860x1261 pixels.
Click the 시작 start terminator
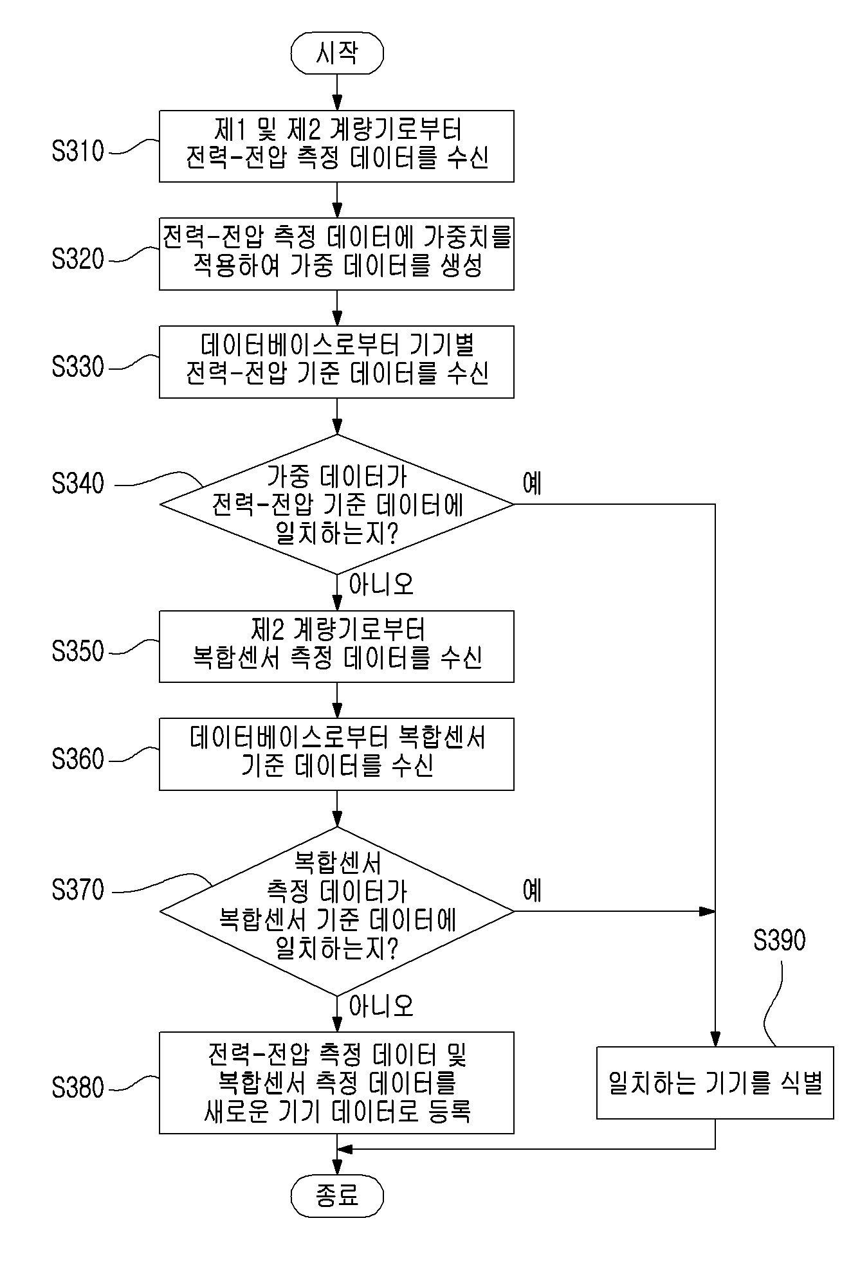pyautogui.click(x=337, y=53)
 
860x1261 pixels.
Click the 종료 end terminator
pyautogui.click(x=337, y=1196)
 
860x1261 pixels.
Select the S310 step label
pyautogui.click(x=78, y=151)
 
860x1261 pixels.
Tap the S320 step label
pyautogui.click(x=78, y=259)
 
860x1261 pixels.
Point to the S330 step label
pyautogui.click(x=78, y=367)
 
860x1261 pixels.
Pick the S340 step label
pyautogui.click(x=78, y=484)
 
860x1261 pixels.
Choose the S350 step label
pyautogui.click(x=78, y=651)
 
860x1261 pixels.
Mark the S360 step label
pyautogui.click(x=78, y=759)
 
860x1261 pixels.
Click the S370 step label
pyautogui.click(x=78, y=890)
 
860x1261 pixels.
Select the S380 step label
pyautogui.click(x=78, y=1087)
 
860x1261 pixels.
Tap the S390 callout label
pyautogui.click(x=780, y=940)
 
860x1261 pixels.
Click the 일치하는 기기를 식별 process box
pyautogui.click(x=715, y=1083)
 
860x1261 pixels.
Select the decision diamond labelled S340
pyautogui.click(x=337, y=504)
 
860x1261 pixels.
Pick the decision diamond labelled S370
pyautogui.click(x=337, y=911)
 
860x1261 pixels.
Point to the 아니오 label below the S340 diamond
pyautogui.click(x=381, y=584)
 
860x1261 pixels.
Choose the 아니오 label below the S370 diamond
pyautogui.click(x=381, y=1006)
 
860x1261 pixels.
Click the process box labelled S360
pyautogui.click(x=337, y=754)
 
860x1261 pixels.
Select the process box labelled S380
pyautogui.click(x=337, y=1083)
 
